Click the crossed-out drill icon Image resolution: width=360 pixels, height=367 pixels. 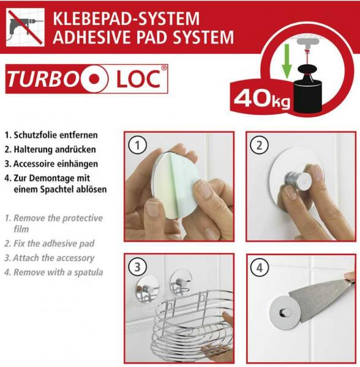(25, 28)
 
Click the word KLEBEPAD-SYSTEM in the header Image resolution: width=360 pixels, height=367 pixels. (126, 19)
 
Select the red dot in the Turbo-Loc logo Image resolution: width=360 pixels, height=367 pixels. (94, 79)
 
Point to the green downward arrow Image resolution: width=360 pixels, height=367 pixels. (287, 61)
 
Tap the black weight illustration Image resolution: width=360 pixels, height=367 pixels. (307, 89)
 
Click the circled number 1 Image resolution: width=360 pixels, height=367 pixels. (138, 145)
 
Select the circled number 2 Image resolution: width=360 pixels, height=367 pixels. (259, 145)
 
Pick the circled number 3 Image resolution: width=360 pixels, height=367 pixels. (138, 267)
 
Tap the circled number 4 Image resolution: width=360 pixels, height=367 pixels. (259, 267)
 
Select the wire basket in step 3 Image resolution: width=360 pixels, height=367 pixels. (192, 325)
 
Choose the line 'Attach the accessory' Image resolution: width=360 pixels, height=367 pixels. (50, 258)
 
